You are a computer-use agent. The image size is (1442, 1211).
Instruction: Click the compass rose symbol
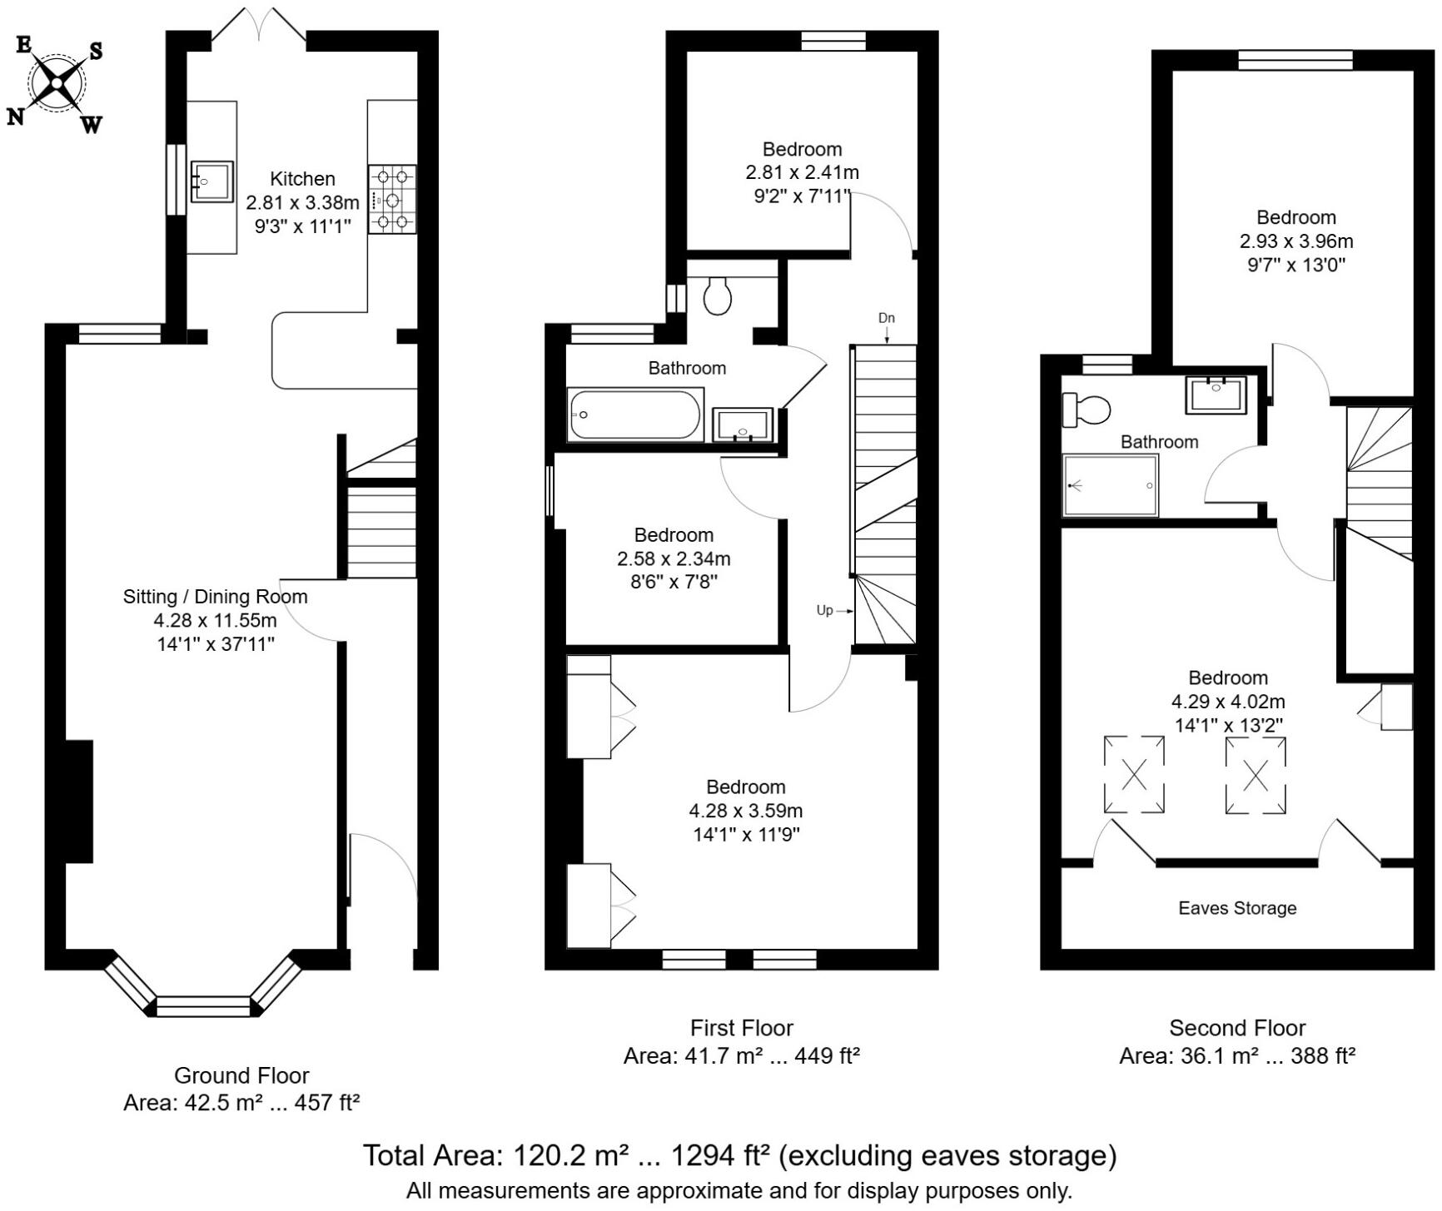pyautogui.click(x=57, y=82)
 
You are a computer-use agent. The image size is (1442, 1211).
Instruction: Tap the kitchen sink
pyautogui.click(x=211, y=181)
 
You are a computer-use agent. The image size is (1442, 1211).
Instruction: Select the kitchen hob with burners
pyautogui.click(x=392, y=199)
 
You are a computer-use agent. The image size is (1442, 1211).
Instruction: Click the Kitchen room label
pyautogui.click(x=302, y=179)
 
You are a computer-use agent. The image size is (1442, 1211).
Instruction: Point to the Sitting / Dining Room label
pyautogui.click(x=215, y=597)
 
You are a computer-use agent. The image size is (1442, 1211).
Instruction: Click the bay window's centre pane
pyautogui.click(x=203, y=1006)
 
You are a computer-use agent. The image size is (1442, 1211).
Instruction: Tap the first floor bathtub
pyautogui.click(x=634, y=414)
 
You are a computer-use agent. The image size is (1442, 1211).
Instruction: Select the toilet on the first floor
pyautogui.click(x=718, y=295)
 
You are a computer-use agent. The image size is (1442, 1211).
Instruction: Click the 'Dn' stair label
pyautogui.click(x=887, y=318)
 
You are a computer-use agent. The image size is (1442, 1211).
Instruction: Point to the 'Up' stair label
pyautogui.click(x=824, y=610)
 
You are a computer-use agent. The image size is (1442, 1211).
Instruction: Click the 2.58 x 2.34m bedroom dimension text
pyautogui.click(x=674, y=558)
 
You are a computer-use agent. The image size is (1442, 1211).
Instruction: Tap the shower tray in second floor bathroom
pyautogui.click(x=1111, y=485)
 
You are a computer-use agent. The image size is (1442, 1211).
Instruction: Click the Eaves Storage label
pyautogui.click(x=1237, y=908)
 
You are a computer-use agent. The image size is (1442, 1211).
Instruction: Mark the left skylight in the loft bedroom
pyautogui.click(x=1134, y=774)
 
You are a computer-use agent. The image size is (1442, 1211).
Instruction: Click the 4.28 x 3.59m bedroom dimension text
pyautogui.click(x=745, y=811)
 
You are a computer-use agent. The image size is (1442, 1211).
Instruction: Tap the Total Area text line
pyautogui.click(x=739, y=1155)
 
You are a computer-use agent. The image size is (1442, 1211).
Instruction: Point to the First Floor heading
pyautogui.click(x=741, y=1028)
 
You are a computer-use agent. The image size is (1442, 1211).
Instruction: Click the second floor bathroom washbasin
pyautogui.click(x=1216, y=395)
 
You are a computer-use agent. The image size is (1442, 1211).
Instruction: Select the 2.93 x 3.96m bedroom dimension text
pyautogui.click(x=1295, y=241)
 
